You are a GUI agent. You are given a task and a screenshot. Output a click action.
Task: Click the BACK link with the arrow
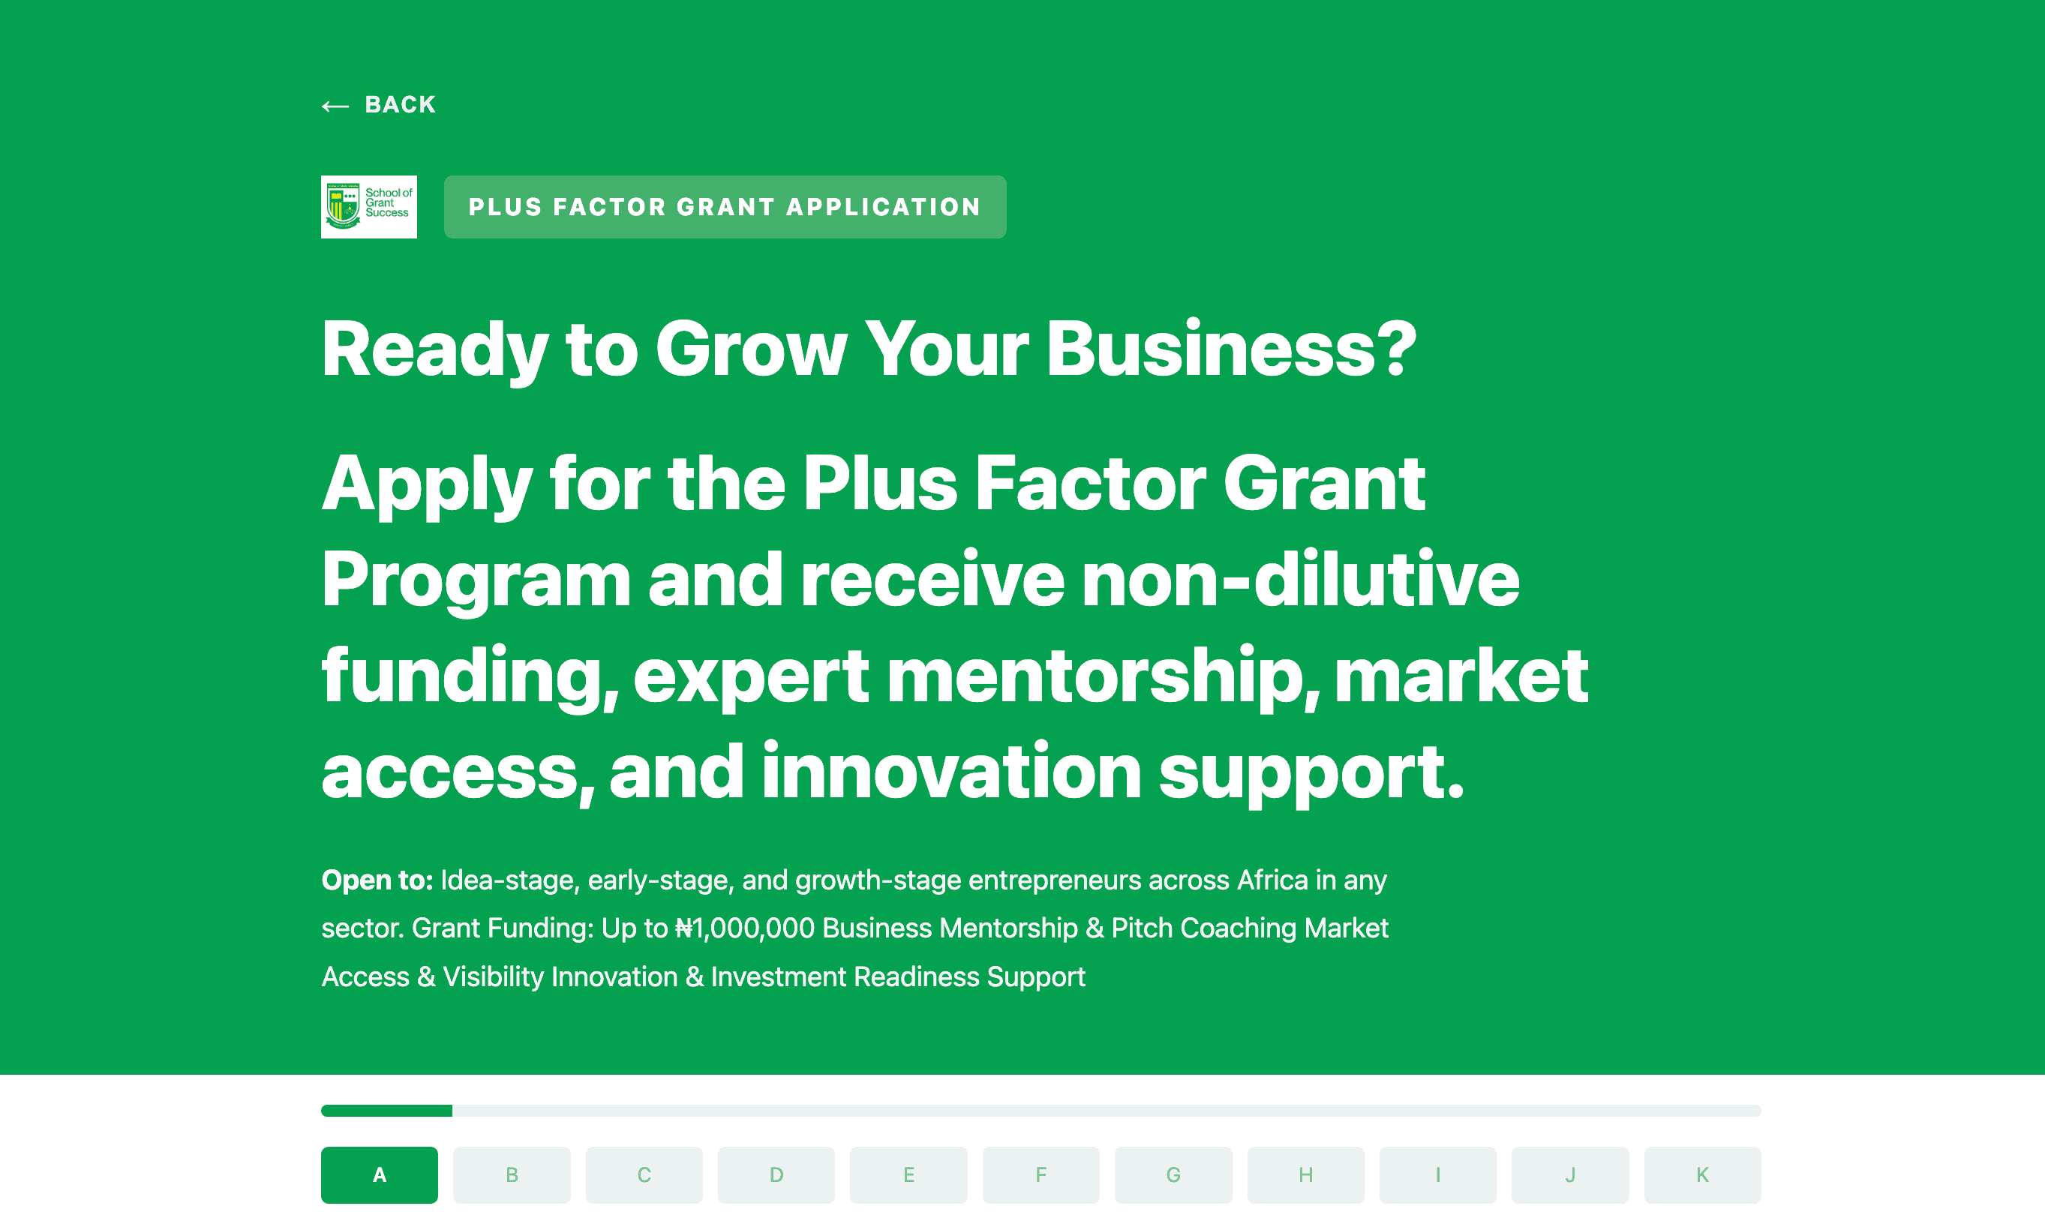[x=379, y=105]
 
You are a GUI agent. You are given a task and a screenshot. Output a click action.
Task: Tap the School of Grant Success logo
[x=368, y=206]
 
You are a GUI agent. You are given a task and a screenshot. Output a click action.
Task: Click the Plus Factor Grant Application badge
[x=724, y=206]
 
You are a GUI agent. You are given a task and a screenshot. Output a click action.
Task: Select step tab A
[x=380, y=1175]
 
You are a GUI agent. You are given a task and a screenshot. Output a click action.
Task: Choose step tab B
[x=512, y=1175]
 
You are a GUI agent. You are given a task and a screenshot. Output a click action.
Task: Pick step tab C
[x=644, y=1175]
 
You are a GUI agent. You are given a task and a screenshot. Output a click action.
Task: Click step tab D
[x=776, y=1175]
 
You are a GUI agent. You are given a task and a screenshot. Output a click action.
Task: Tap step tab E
[x=908, y=1175]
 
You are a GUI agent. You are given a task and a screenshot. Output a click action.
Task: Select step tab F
[x=1041, y=1175]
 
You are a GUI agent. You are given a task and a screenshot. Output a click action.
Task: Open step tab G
[x=1173, y=1175]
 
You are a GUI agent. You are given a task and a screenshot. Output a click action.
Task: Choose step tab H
[x=1306, y=1175]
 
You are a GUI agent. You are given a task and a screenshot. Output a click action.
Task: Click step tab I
[x=1437, y=1175]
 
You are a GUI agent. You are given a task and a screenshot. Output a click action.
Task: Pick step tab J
[x=1570, y=1175]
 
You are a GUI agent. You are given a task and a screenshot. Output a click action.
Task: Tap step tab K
[x=1703, y=1175]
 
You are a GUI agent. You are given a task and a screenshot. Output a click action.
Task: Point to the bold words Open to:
[x=377, y=880]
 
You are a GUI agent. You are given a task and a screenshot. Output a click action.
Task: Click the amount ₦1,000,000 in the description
[x=745, y=928]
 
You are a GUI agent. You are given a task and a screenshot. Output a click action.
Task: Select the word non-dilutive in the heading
[x=1300, y=580]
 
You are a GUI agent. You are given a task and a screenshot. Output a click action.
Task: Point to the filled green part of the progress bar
[x=387, y=1111]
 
